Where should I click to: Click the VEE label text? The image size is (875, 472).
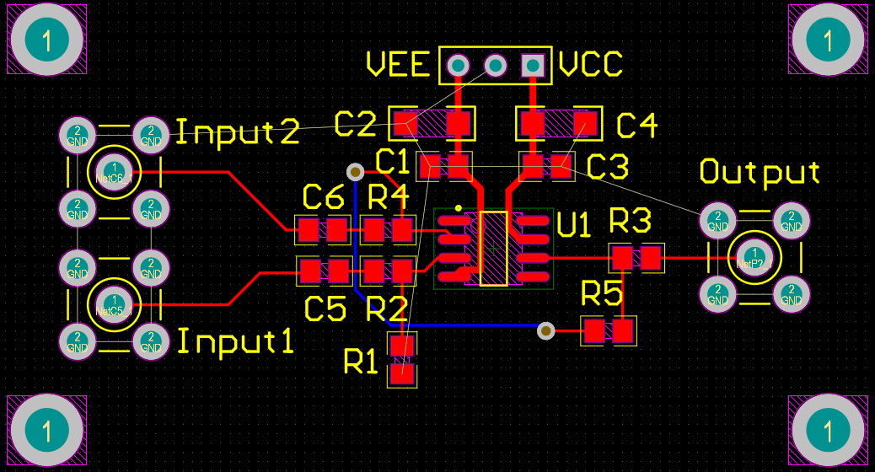pyautogui.click(x=398, y=65)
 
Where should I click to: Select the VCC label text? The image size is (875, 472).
pyautogui.click(x=591, y=65)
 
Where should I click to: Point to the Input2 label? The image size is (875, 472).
pyautogui.click(x=237, y=132)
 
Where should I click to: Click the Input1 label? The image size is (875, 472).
pyautogui.click(x=235, y=342)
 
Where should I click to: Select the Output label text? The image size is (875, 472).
pyautogui.click(x=760, y=172)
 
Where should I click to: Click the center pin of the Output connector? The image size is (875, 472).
pyautogui.click(x=754, y=257)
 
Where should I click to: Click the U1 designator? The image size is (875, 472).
pyautogui.click(x=575, y=225)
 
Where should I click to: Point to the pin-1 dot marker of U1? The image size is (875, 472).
pyautogui.click(x=458, y=206)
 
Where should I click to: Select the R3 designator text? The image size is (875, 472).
pyautogui.click(x=631, y=222)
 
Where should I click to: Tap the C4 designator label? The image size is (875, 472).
pyautogui.click(x=636, y=126)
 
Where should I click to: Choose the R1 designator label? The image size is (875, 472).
pyautogui.click(x=362, y=362)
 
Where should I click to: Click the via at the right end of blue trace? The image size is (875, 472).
pyautogui.click(x=546, y=330)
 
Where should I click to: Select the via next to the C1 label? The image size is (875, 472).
pyautogui.click(x=356, y=172)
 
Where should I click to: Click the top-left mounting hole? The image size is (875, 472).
pyautogui.click(x=46, y=40)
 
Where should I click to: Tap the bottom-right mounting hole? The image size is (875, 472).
pyautogui.click(x=827, y=431)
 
